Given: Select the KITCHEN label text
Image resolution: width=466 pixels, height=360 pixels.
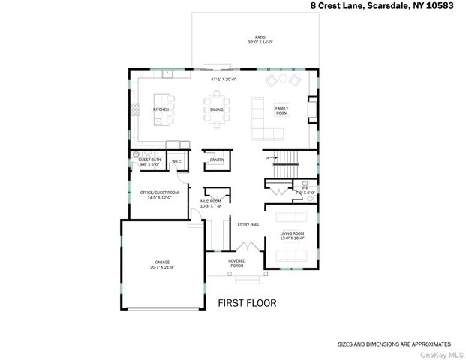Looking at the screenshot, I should pyautogui.click(x=161, y=109).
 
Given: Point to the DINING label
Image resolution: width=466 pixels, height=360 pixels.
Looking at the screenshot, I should pyautogui.click(x=217, y=110).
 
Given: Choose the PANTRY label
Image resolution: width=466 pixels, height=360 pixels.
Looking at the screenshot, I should pyautogui.click(x=217, y=160).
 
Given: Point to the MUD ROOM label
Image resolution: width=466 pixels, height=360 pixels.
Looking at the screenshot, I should pyautogui.click(x=210, y=202).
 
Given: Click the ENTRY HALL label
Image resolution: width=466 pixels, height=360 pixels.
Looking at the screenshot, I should pyautogui.click(x=248, y=225).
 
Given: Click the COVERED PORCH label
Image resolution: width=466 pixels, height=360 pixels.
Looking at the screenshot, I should pyautogui.click(x=236, y=262).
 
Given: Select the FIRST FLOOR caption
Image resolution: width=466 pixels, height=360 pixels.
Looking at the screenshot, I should pyautogui.click(x=247, y=304).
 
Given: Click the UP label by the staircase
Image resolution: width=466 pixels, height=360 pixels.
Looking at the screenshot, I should pyautogui.click(x=266, y=157).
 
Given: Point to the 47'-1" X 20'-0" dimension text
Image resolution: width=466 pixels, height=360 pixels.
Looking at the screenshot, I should pyautogui.click(x=224, y=79).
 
